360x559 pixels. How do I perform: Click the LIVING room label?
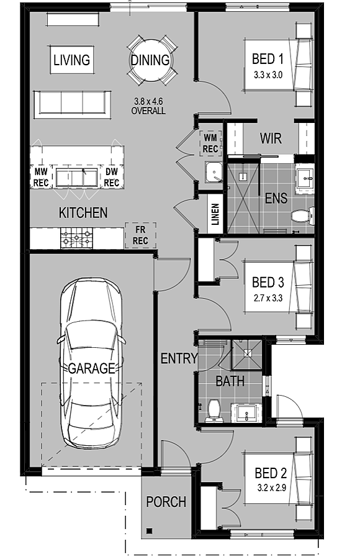[x=71, y=60]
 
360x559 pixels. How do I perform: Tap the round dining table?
[x=150, y=60]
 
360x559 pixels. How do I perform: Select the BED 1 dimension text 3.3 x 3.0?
[x=268, y=75]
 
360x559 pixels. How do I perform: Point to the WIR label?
[x=271, y=138]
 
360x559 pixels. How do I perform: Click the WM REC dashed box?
[x=210, y=143]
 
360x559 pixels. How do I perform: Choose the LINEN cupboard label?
[x=215, y=214]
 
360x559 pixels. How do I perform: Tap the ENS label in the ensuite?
[x=276, y=198]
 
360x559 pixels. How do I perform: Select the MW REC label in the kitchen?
[x=40, y=178]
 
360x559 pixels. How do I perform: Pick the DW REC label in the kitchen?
[x=112, y=178]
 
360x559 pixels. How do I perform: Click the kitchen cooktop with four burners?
[x=76, y=238]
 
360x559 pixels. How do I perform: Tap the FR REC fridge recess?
[x=140, y=235]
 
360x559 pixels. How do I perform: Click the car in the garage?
[x=91, y=363]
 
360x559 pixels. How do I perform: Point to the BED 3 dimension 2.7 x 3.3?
[x=268, y=298]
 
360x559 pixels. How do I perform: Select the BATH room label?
[x=230, y=381]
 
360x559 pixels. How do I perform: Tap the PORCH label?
[x=166, y=502]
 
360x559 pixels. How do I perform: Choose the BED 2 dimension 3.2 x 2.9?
[x=272, y=488]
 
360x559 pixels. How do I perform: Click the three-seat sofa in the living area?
[x=72, y=104]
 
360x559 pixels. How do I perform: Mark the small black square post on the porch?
[x=150, y=531]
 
